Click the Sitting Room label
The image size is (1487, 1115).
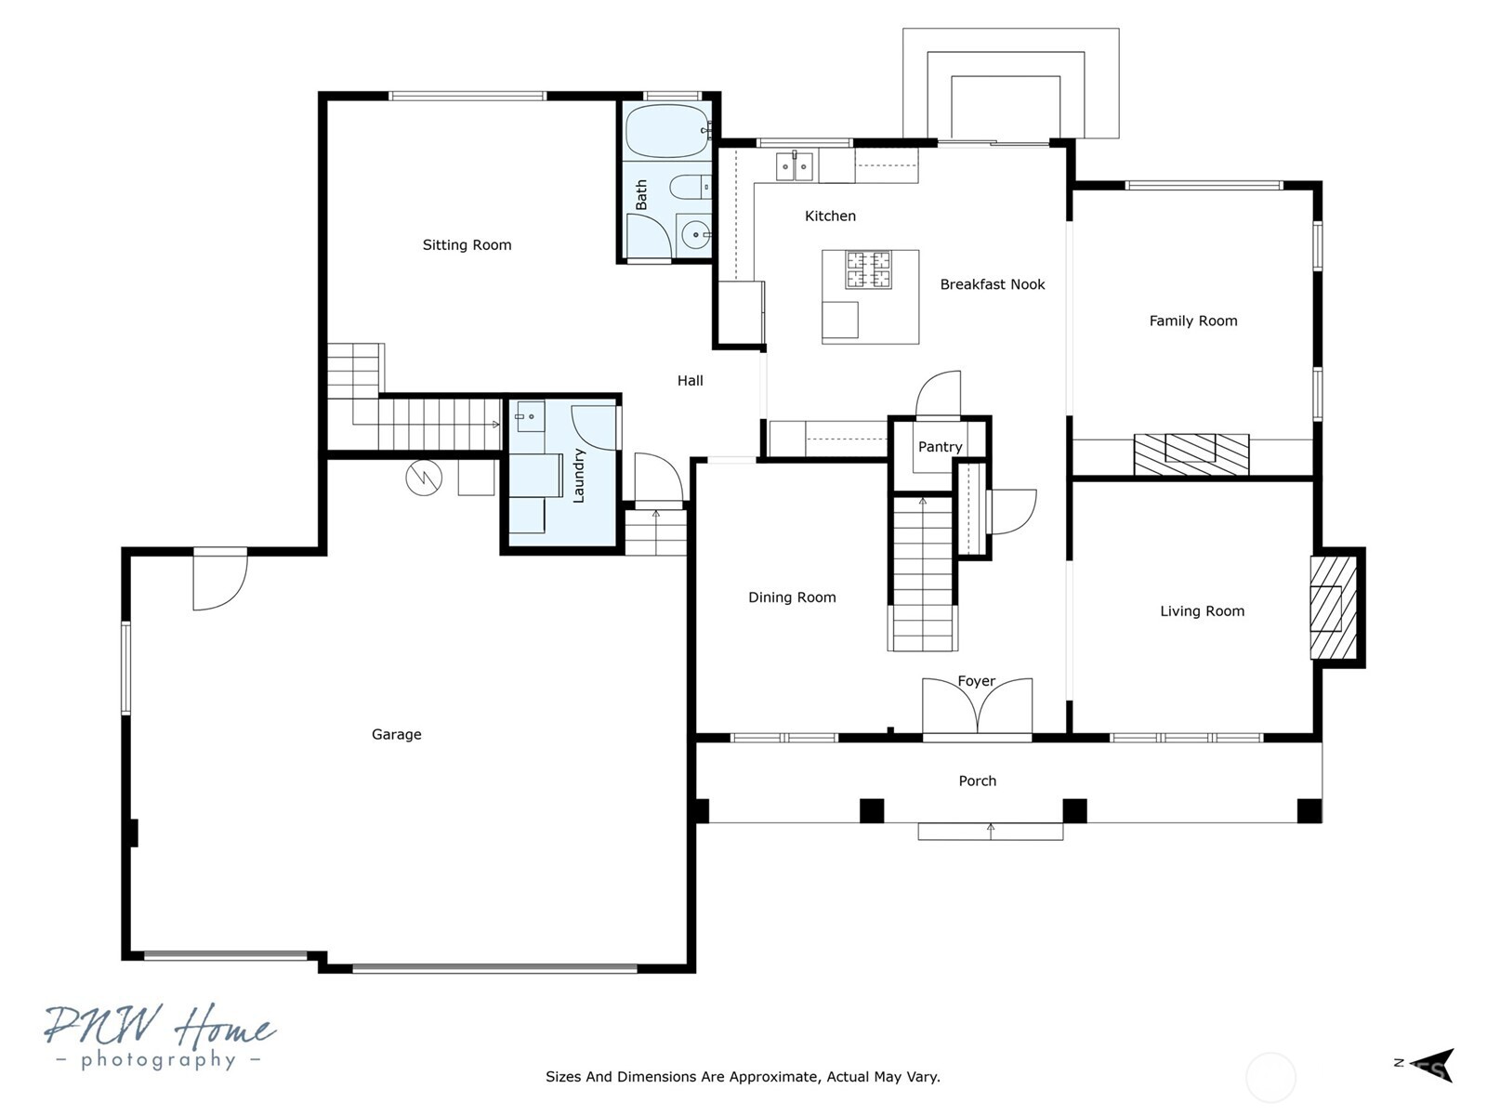(467, 245)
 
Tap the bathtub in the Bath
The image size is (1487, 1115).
(668, 131)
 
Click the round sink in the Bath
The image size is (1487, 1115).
(693, 235)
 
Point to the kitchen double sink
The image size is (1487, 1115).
(794, 166)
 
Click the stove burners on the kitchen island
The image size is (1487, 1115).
(868, 269)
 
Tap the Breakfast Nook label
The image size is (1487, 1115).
(992, 284)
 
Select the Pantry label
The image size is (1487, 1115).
(940, 447)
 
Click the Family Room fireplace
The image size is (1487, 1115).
(1191, 454)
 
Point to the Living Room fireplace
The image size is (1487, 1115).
(1334, 608)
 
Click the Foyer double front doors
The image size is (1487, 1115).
(977, 706)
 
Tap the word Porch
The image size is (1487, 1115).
(977, 780)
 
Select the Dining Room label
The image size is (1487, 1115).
(792, 597)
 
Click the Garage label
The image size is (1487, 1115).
(396, 734)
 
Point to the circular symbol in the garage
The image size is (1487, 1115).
(424, 478)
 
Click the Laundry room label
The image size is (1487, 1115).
(578, 476)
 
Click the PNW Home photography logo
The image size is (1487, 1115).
(160, 1036)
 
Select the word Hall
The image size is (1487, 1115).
(691, 380)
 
